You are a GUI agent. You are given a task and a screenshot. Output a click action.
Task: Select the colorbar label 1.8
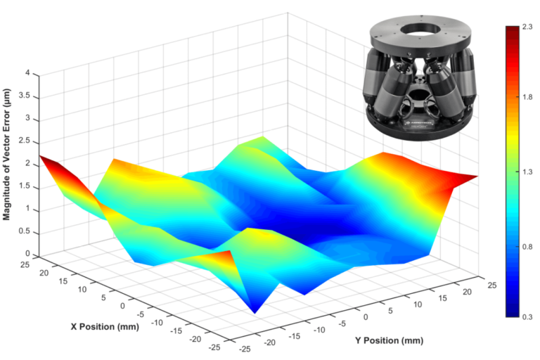point(527,99)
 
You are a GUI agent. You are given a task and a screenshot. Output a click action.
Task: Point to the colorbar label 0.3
point(527,317)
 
